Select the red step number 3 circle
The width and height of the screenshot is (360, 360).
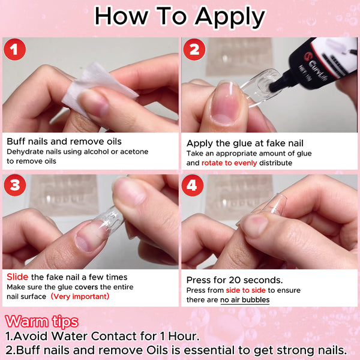(x=15, y=186)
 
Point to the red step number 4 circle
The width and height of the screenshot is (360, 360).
(x=192, y=186)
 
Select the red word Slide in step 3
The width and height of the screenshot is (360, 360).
(x=17, y=277)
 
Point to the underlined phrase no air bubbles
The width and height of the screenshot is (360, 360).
(x=245, y=300)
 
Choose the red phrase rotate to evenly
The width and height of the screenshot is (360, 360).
(x=226, y=163)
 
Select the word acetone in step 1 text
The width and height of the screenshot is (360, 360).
(x=132, y=152)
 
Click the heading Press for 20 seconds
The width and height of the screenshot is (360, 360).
(x=235, y=280)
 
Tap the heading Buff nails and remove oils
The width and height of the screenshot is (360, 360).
(x=64, y=142)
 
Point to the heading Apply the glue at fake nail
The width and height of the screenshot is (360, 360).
(x=245, y=143)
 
